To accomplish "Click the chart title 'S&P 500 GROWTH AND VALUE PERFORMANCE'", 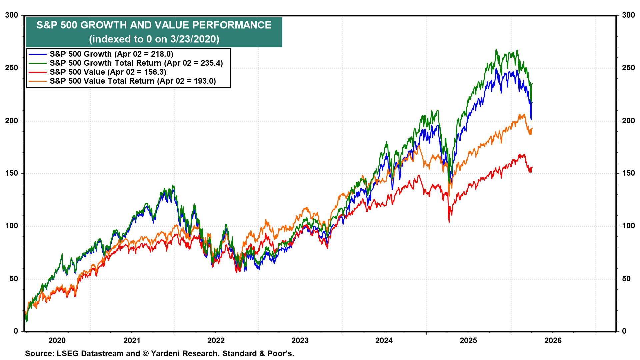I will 154,25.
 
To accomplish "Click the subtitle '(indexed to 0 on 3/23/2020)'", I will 154,39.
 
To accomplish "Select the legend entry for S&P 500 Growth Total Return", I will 136,63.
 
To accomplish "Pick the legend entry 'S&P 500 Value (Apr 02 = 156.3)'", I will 108,72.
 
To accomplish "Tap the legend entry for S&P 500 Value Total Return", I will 133,81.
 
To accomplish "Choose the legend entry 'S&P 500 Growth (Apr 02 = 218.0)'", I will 111,54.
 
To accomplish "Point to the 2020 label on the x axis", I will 57,340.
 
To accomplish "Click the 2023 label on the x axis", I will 300,340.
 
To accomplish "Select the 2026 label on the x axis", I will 553,340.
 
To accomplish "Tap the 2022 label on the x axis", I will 216,340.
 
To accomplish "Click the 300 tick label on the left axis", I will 12,15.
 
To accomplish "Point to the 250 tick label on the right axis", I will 628,68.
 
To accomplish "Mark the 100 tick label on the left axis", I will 12,226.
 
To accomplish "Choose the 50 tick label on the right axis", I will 626,279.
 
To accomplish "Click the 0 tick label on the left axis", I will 16,331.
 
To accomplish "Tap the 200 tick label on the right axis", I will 628,121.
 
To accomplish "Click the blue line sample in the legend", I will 37,54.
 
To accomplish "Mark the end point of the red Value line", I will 532,167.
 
